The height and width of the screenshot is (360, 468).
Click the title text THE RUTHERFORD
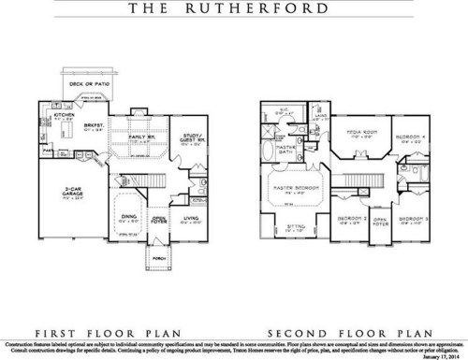tap(233, 11)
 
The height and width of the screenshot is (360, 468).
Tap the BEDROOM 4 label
tap(409, 137)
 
